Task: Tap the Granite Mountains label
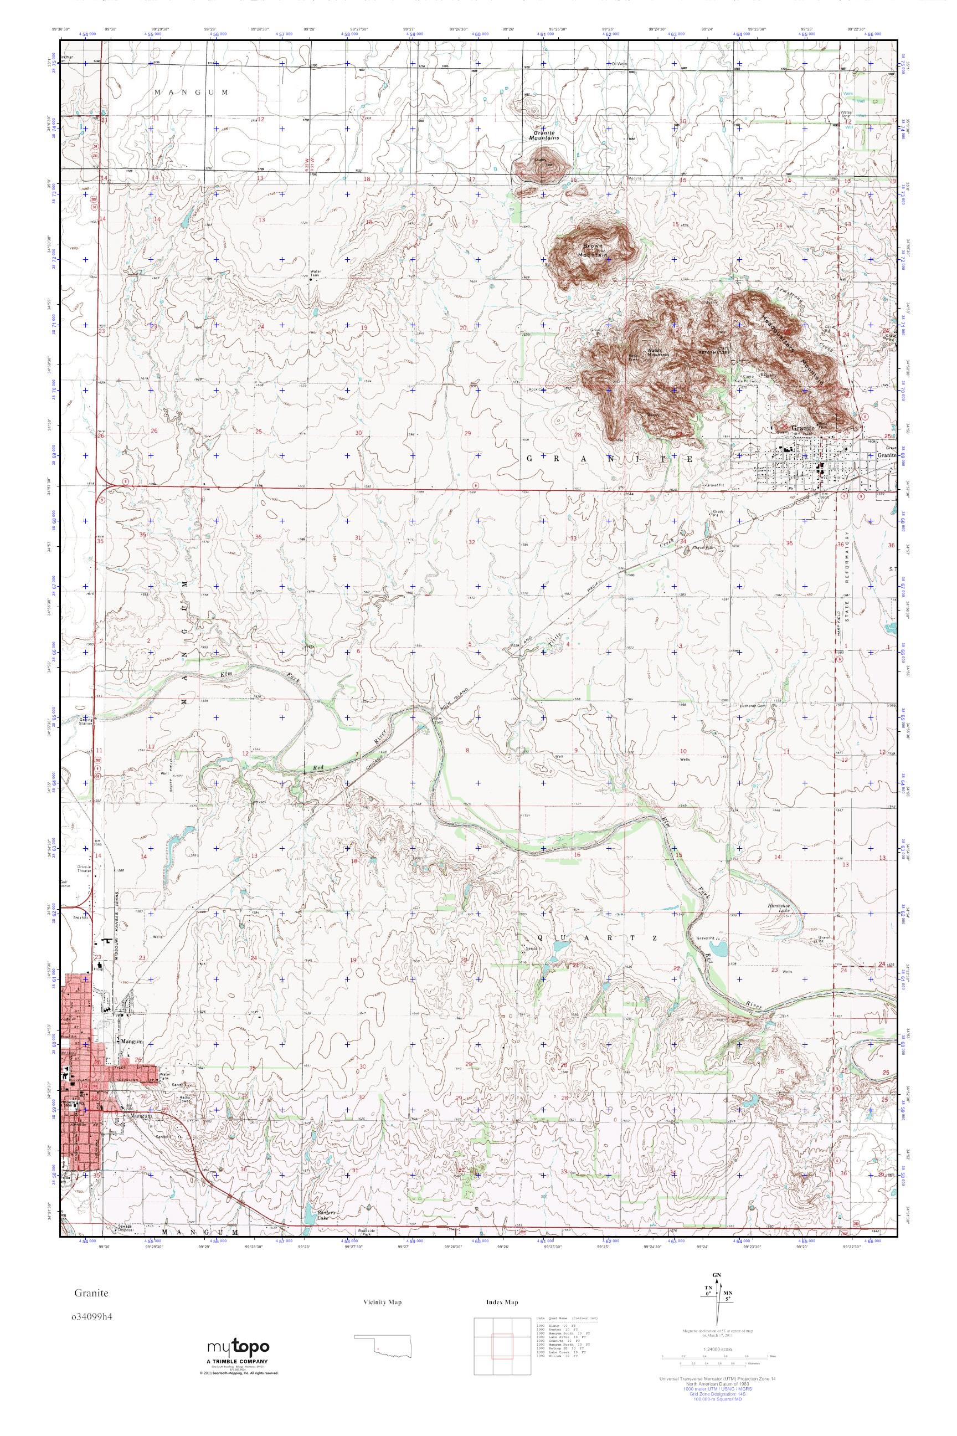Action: point(544,136)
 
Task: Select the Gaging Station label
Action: point(85,722)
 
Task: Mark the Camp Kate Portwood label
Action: point(749,378)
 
